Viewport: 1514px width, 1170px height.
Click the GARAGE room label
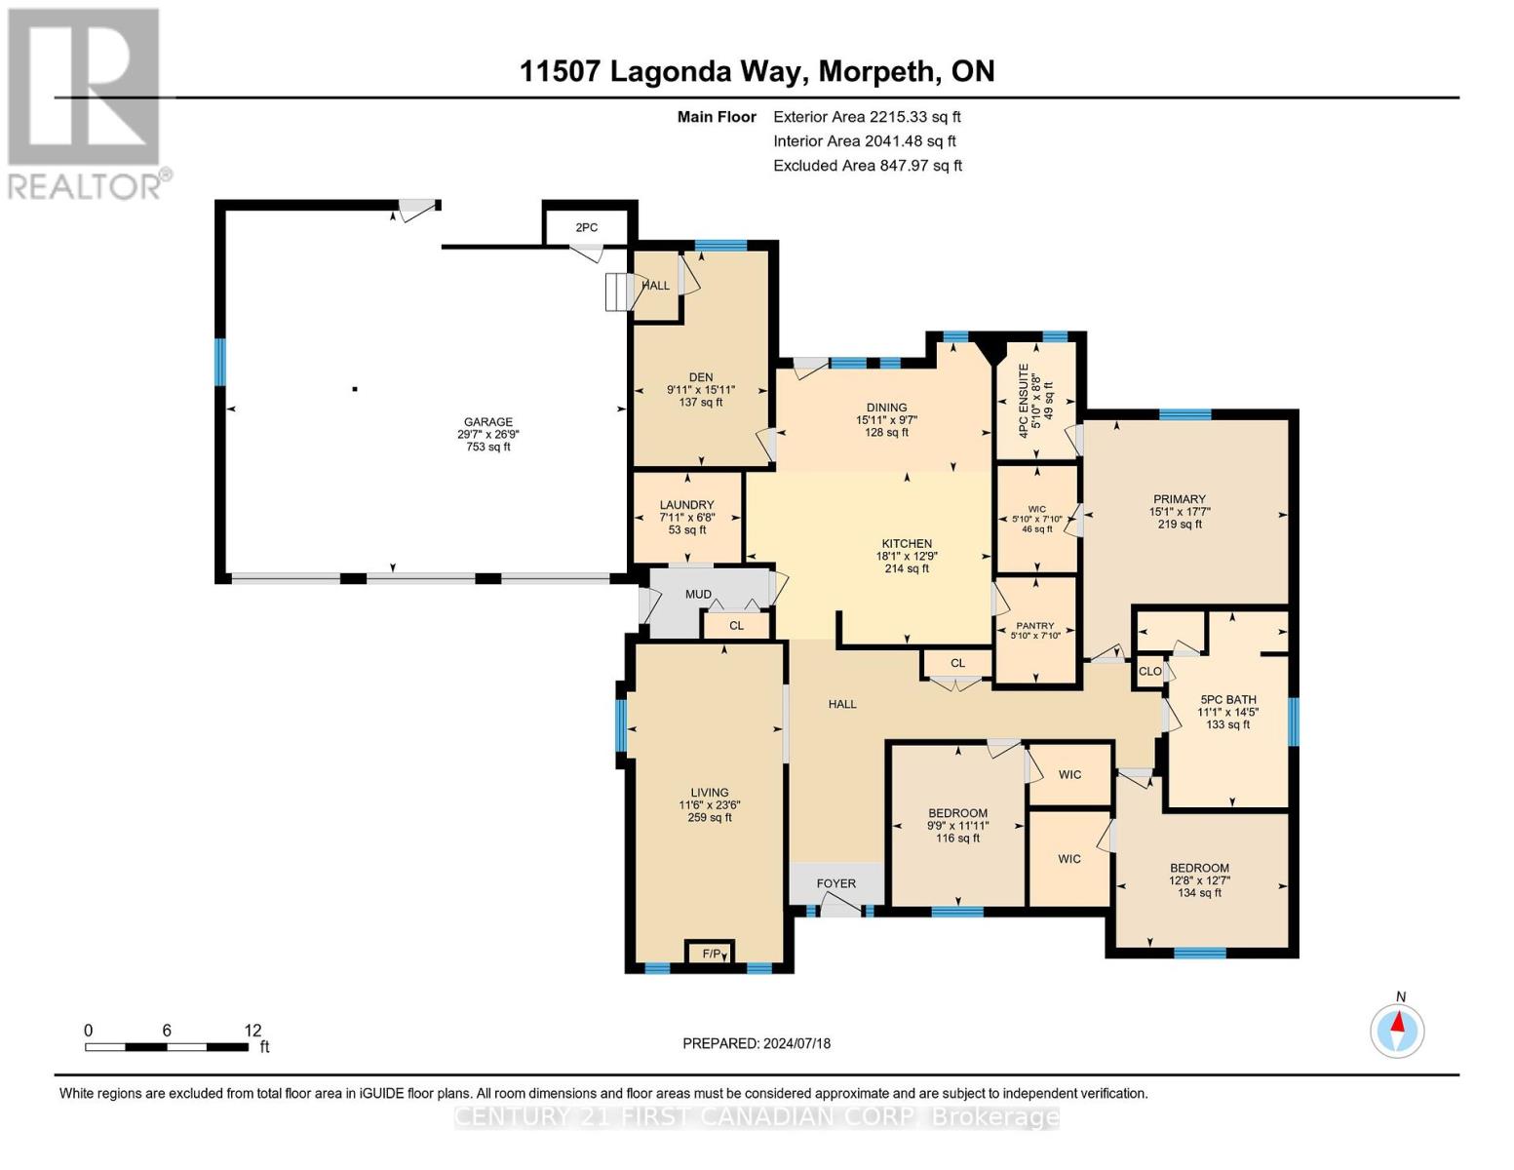pyautogui.click(x=487, y=421)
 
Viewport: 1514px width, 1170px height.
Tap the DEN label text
pyautogui.click(x=700, y=377)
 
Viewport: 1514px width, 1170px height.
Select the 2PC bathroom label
pyautogui.click(x=586, y=227)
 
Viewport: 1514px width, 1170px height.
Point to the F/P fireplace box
pyautogui.click(x=710, y=952)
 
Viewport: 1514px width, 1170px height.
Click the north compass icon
pyautogui.click(x=1397, y=1030)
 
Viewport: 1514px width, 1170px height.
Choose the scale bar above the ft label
pyautogui.click(x=167, y=1046)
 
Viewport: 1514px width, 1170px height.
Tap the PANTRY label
pyautogui.click(x=1034, y=626)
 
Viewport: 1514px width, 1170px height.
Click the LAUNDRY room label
pyautogui.click(x=687, y=504)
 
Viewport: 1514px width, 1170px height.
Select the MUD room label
pyautogui.click(x=698, y=595)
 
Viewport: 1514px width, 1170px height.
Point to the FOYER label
pyautogui.click(x=836, y=883)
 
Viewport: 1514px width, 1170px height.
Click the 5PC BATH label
pyautogui.click(x=1228, y=700)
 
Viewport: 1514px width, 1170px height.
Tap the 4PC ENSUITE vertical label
pyautogui.click(x=1025, y=401)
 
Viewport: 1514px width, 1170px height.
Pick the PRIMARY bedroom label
pyautogui.click(x=1179, y=499)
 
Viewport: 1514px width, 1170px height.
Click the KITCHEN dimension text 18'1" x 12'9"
pyautogui.click(x=907, y=556)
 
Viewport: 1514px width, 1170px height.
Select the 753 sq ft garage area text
pyautogui.click(x=487, y=447)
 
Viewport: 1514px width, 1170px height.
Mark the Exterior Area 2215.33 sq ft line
pyautogui.click(x=867, y=117)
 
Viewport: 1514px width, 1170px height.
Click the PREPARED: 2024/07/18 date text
pyautogui.click(x=757, y=1043)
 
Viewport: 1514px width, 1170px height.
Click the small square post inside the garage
pyautogui.click(x=355, y=389)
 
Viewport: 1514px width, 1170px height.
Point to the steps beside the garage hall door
pyautogui.click(x=616, y=292)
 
